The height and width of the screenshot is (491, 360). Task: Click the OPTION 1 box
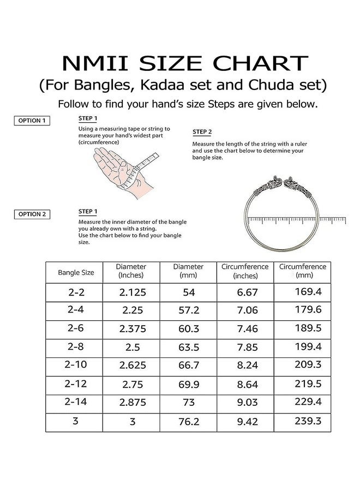pyautogui.click(x=32, y=121)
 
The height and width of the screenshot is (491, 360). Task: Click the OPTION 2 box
pyautogui.click(x=32, y=214)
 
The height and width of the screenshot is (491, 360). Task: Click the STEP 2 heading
pyautogui.click(x=202, y=132)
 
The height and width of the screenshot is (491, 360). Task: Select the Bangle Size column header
pyautogui.click(x=76, y=272)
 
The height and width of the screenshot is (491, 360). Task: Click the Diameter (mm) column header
pyautogui.click(x=188, y=271)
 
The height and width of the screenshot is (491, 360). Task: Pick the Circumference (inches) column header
pyautogui.click(x=245, y=271)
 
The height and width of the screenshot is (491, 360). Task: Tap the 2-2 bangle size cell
pyautogui.click(x=76, y=292)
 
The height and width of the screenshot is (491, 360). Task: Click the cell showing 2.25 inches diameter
pyautogui.click(x=133, y=310)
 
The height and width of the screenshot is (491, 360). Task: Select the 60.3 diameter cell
pyautogui.click(x=188, y=329)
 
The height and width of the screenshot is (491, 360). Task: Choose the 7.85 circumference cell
pyautogui.click(x=245, y=348)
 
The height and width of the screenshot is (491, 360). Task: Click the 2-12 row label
pyautogui.click(x=76, y=384)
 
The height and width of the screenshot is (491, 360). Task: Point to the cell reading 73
pyautogui.click(x=188, y=403)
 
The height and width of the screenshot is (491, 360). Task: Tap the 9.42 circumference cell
pyautogui.click(x=245, y=422)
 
